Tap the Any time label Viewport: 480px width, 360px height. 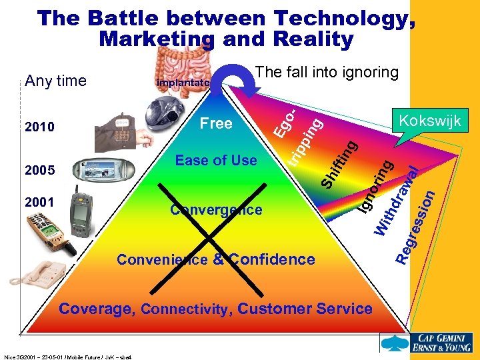coord(55,81)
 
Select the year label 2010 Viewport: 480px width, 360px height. coord(39,127)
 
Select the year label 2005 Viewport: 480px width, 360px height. coord(39,170)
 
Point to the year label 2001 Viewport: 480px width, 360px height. coord(39,200)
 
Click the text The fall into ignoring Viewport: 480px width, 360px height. coord(327,73)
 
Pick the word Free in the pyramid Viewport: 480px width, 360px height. coord(216,123)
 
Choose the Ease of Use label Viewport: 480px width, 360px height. coord(215,160)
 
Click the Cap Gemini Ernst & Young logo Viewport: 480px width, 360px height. coord(427,341)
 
